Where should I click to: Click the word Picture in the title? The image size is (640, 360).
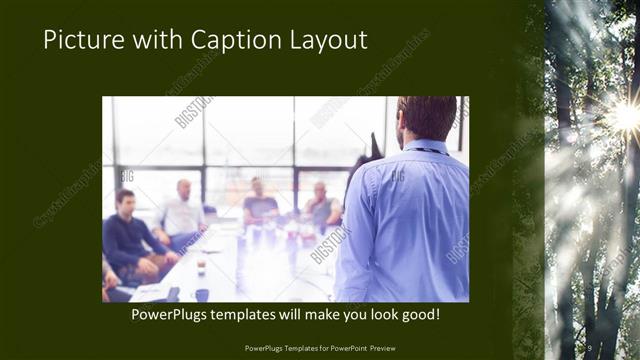[x=82, y=40]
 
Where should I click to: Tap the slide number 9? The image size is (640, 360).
[x=591, y=347]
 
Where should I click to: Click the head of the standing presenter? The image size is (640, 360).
[x=427, y=118]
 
